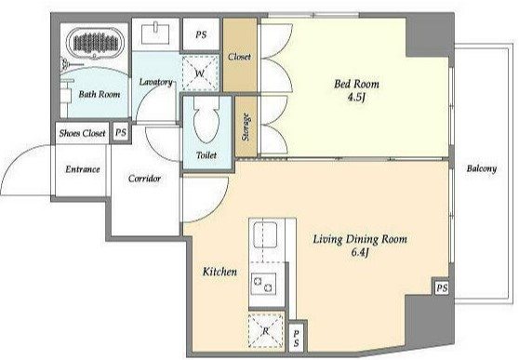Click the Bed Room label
point(356,84)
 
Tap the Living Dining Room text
point(360,239)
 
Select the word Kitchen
point(220,272)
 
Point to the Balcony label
point(482,168)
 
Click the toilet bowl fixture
point(206,120)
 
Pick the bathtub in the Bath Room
point(95,43)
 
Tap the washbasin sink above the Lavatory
point(155,33)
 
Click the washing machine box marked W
point(200,73)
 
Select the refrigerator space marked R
point(266,330)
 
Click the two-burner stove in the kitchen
point(263,284)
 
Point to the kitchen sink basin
point(265,234)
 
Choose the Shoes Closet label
point(82,133)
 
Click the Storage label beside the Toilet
point(246,127)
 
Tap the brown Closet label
point(239,57)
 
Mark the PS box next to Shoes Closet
point(121,133)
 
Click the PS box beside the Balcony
point(442,287)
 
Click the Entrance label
point(83,169)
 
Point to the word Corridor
point(144,179)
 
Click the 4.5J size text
point(357,98)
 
